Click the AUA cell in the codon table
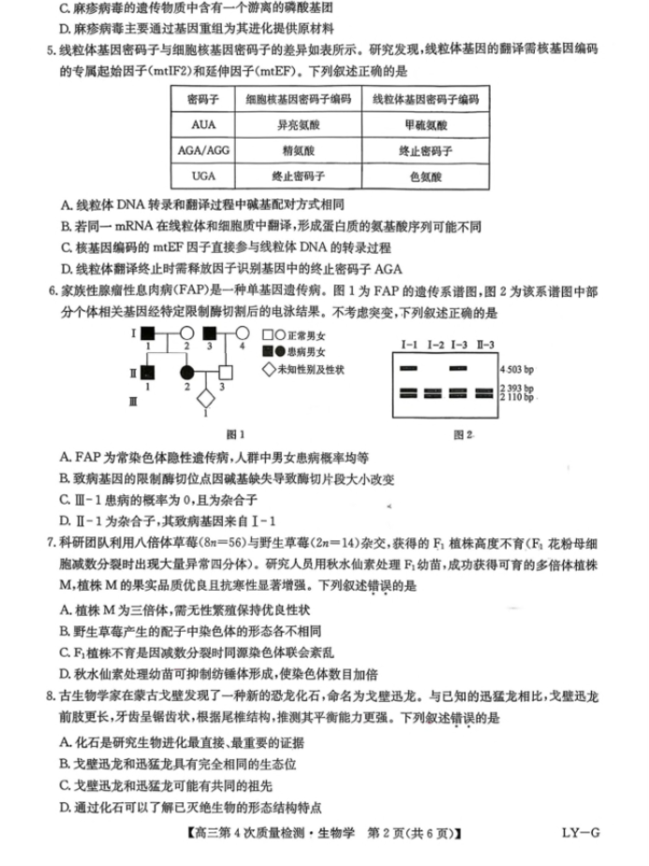click(x=202, y=124)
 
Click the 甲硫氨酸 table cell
click(x=426, y=124)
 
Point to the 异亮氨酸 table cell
click(x=298, y=124)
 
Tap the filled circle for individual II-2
click(x=187, y=373)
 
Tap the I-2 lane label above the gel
click(x=435, y=345)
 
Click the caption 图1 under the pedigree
click(x=236, y=434)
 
